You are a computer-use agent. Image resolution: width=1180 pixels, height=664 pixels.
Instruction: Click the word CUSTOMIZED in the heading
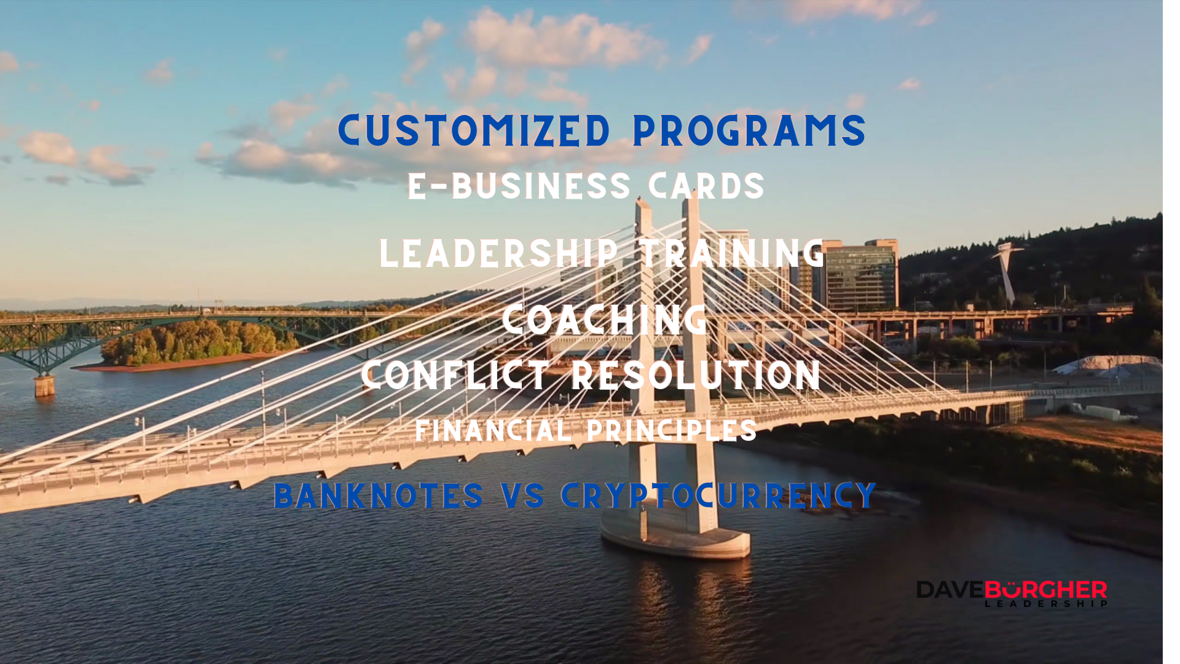[474, 130]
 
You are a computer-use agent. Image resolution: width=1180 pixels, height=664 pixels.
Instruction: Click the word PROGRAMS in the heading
[749, 130]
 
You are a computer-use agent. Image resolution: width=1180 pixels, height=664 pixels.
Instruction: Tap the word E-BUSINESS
[519, 186]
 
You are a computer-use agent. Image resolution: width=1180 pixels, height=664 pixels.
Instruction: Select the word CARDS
[706, 186]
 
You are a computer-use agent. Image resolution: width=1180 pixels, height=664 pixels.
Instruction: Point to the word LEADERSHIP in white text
[499, 253]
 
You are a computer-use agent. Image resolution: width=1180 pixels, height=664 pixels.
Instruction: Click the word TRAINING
[733, 253]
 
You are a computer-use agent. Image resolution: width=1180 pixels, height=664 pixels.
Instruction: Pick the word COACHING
[605, 320]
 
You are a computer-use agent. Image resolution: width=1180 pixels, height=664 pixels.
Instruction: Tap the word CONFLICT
[455, 375]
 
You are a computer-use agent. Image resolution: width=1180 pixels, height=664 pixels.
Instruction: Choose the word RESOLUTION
[696, 375]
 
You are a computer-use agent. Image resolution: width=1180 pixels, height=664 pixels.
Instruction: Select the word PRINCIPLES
[672, 430]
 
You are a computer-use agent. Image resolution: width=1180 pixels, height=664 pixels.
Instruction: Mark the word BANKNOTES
[378, 496]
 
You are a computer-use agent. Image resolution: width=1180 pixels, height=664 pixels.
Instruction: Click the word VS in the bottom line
[522, 496]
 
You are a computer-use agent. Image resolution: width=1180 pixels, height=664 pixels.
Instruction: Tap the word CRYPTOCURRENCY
[718, 496]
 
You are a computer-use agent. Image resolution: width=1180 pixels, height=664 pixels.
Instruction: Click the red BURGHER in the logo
[1045, 590]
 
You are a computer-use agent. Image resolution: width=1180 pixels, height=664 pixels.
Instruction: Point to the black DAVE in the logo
[950, 590]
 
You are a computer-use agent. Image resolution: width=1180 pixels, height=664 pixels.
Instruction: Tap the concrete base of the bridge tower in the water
[675, 537]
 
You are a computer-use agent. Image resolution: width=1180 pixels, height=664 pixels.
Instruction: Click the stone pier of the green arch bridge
[44, 385]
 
